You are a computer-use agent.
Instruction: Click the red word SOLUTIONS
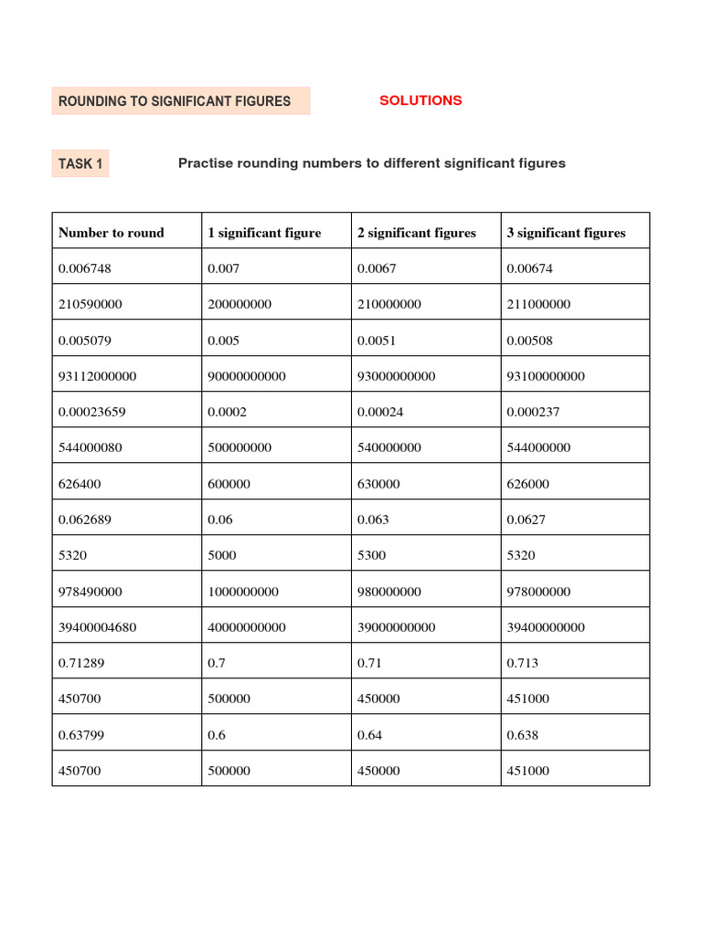tap(420, 100)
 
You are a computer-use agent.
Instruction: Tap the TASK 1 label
tap(80, 163)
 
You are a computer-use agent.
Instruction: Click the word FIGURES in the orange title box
tap(257, 101)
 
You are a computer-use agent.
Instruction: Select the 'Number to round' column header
tap(111, 233)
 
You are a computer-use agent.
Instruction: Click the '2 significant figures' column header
tap(416, 233)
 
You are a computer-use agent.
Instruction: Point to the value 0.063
tap(373, 520)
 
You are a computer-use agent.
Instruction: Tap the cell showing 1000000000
tap(242, 592)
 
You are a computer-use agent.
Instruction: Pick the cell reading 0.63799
tap(82, 735)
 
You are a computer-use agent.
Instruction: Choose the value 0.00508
tap(529, 341)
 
